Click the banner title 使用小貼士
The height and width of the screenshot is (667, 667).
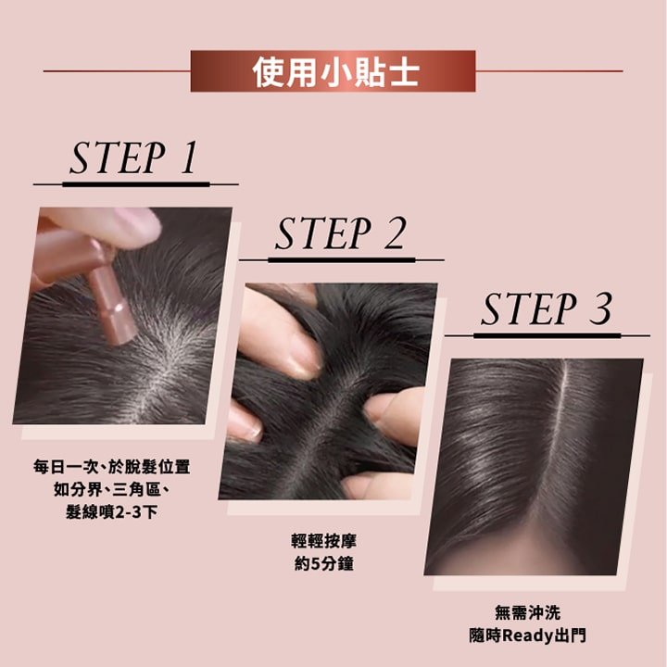pos(333,71)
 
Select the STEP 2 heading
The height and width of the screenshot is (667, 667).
pos(340,234)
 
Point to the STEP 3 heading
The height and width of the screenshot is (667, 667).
pos(547,309)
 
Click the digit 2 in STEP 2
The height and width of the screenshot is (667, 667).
pos(396,234)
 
